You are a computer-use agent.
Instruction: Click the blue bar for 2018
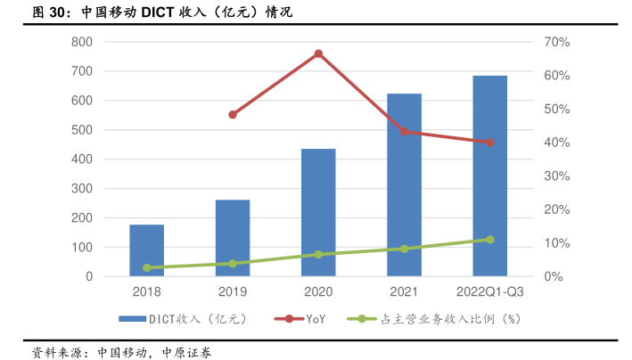pyautogui.click(x=147, y=250)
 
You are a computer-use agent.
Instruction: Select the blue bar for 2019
pyautogui.click(x=233, y=238)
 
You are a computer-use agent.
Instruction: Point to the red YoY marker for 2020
pyautogui.click(x=318, y=53)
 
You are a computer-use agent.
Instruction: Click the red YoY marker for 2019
pyautogui.click(x=233, y=115)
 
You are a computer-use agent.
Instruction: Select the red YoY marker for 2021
pyautogui.click(x=404, y=131)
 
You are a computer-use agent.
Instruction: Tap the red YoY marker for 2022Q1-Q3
pyautogui.click(x=489, y=143)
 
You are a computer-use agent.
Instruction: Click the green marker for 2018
pyautogui.click(x=147, y=267)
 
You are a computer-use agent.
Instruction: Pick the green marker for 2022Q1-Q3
pyautogui.click(x=489, y=240)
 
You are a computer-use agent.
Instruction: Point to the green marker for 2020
pyautogui.click(x=318, y=255)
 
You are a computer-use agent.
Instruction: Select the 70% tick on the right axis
pyautogui.click(x=558, y=42)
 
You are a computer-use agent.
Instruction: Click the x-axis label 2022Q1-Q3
pyautogui.click(x=489, y=292)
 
